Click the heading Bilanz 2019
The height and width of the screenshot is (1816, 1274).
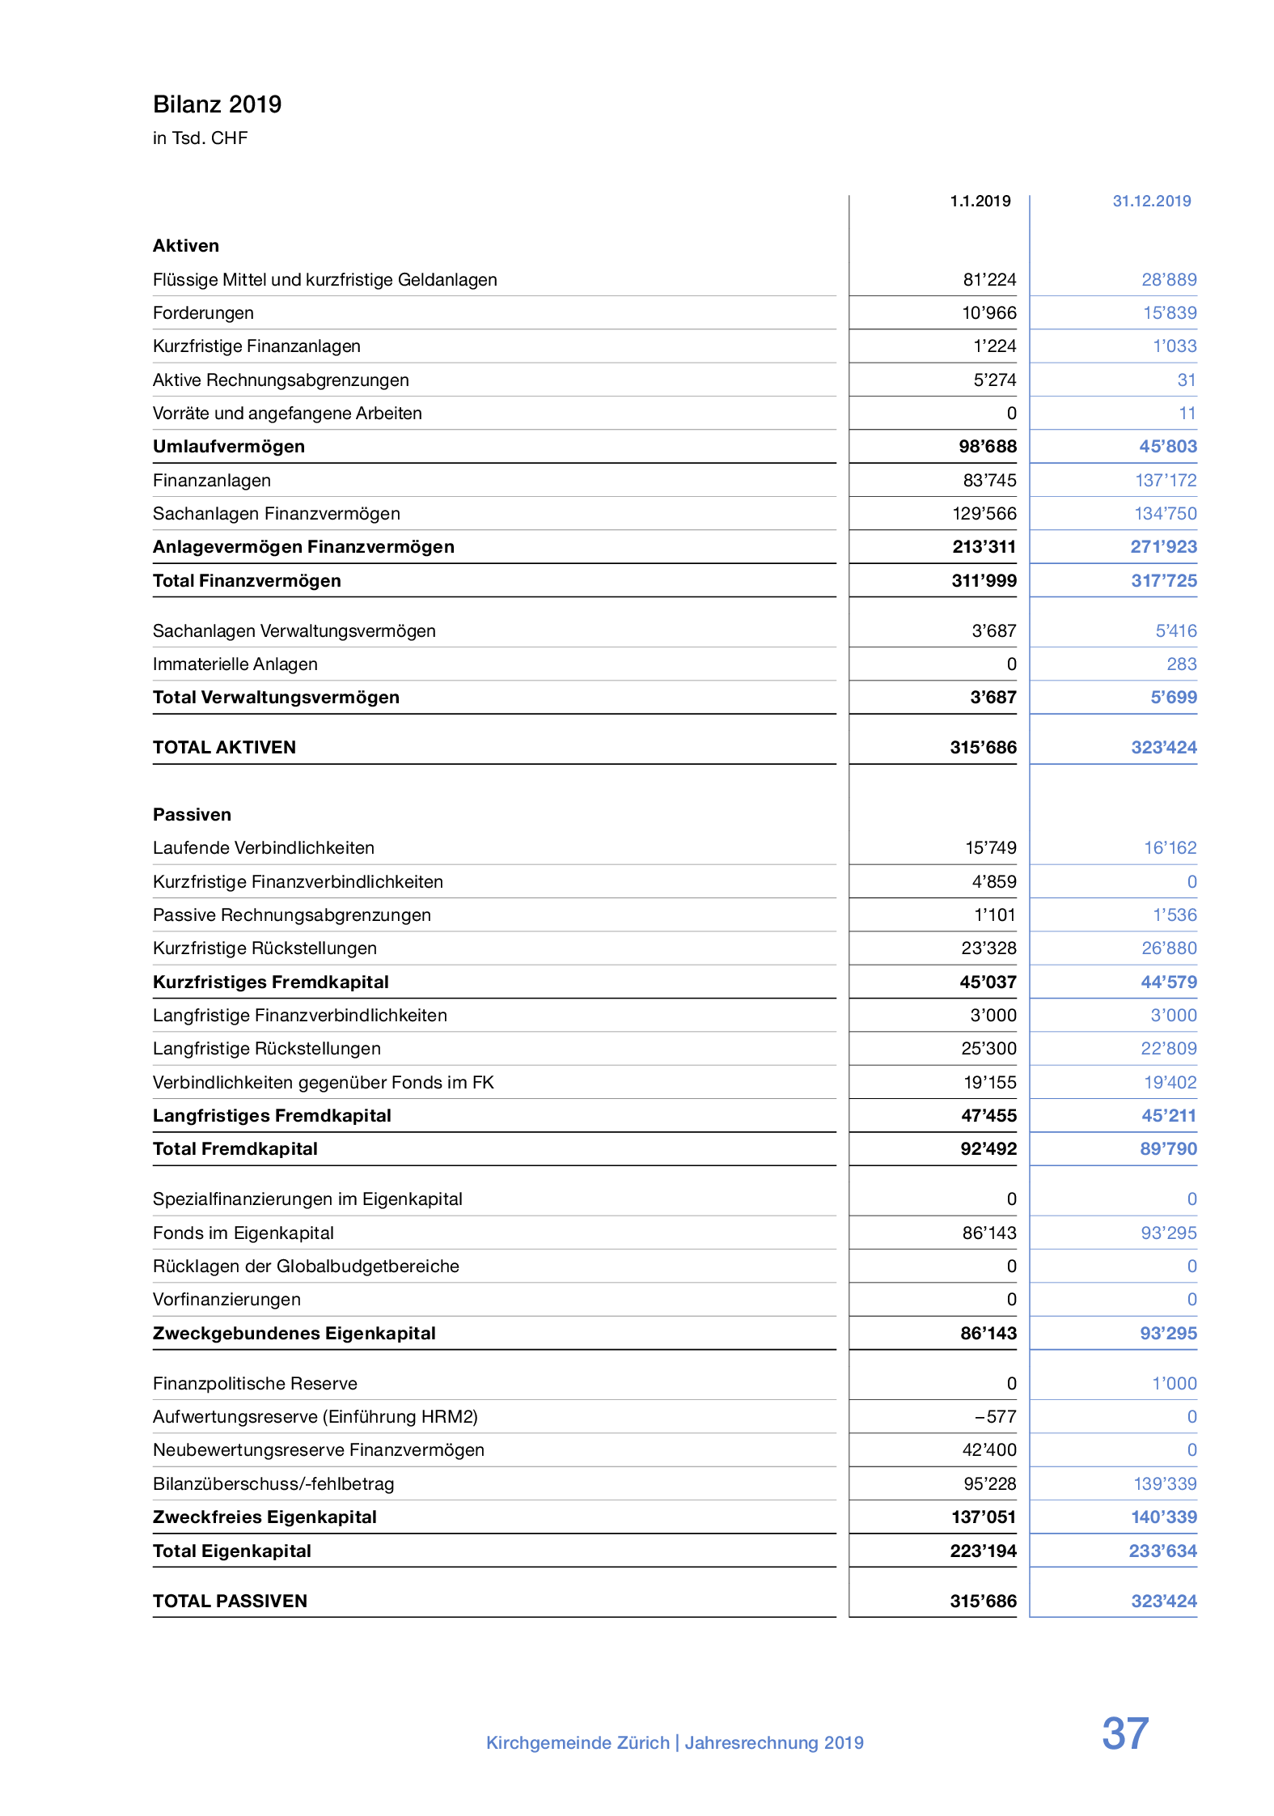[217, 104]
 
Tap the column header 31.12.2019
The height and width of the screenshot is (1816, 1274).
[1151, 202]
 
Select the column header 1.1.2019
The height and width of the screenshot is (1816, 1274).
[980, 202]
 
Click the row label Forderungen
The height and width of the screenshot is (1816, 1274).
[203, 313]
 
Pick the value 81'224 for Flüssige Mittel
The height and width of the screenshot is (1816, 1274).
[989, 280]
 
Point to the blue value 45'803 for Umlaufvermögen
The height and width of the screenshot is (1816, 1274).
[1168, 447]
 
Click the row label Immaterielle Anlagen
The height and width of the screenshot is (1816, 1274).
[235, 664]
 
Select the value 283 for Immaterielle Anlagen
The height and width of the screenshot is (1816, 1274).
[1181, 664]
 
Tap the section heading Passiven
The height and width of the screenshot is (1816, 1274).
[192, 815]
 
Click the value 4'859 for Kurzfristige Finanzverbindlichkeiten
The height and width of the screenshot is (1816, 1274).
[993, 882]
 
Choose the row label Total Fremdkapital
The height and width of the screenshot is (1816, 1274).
[235, 1149]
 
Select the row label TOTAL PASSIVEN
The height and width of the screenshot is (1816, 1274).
[230, 1602]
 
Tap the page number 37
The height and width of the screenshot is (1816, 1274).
[1124, 1734]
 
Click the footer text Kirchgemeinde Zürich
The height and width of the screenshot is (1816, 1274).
[578, 1743]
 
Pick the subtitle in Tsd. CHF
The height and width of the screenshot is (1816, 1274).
[200, 138]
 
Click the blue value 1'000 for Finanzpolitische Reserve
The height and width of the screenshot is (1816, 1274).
[1174, 1384]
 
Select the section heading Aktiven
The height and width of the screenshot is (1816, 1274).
[185, 246]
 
